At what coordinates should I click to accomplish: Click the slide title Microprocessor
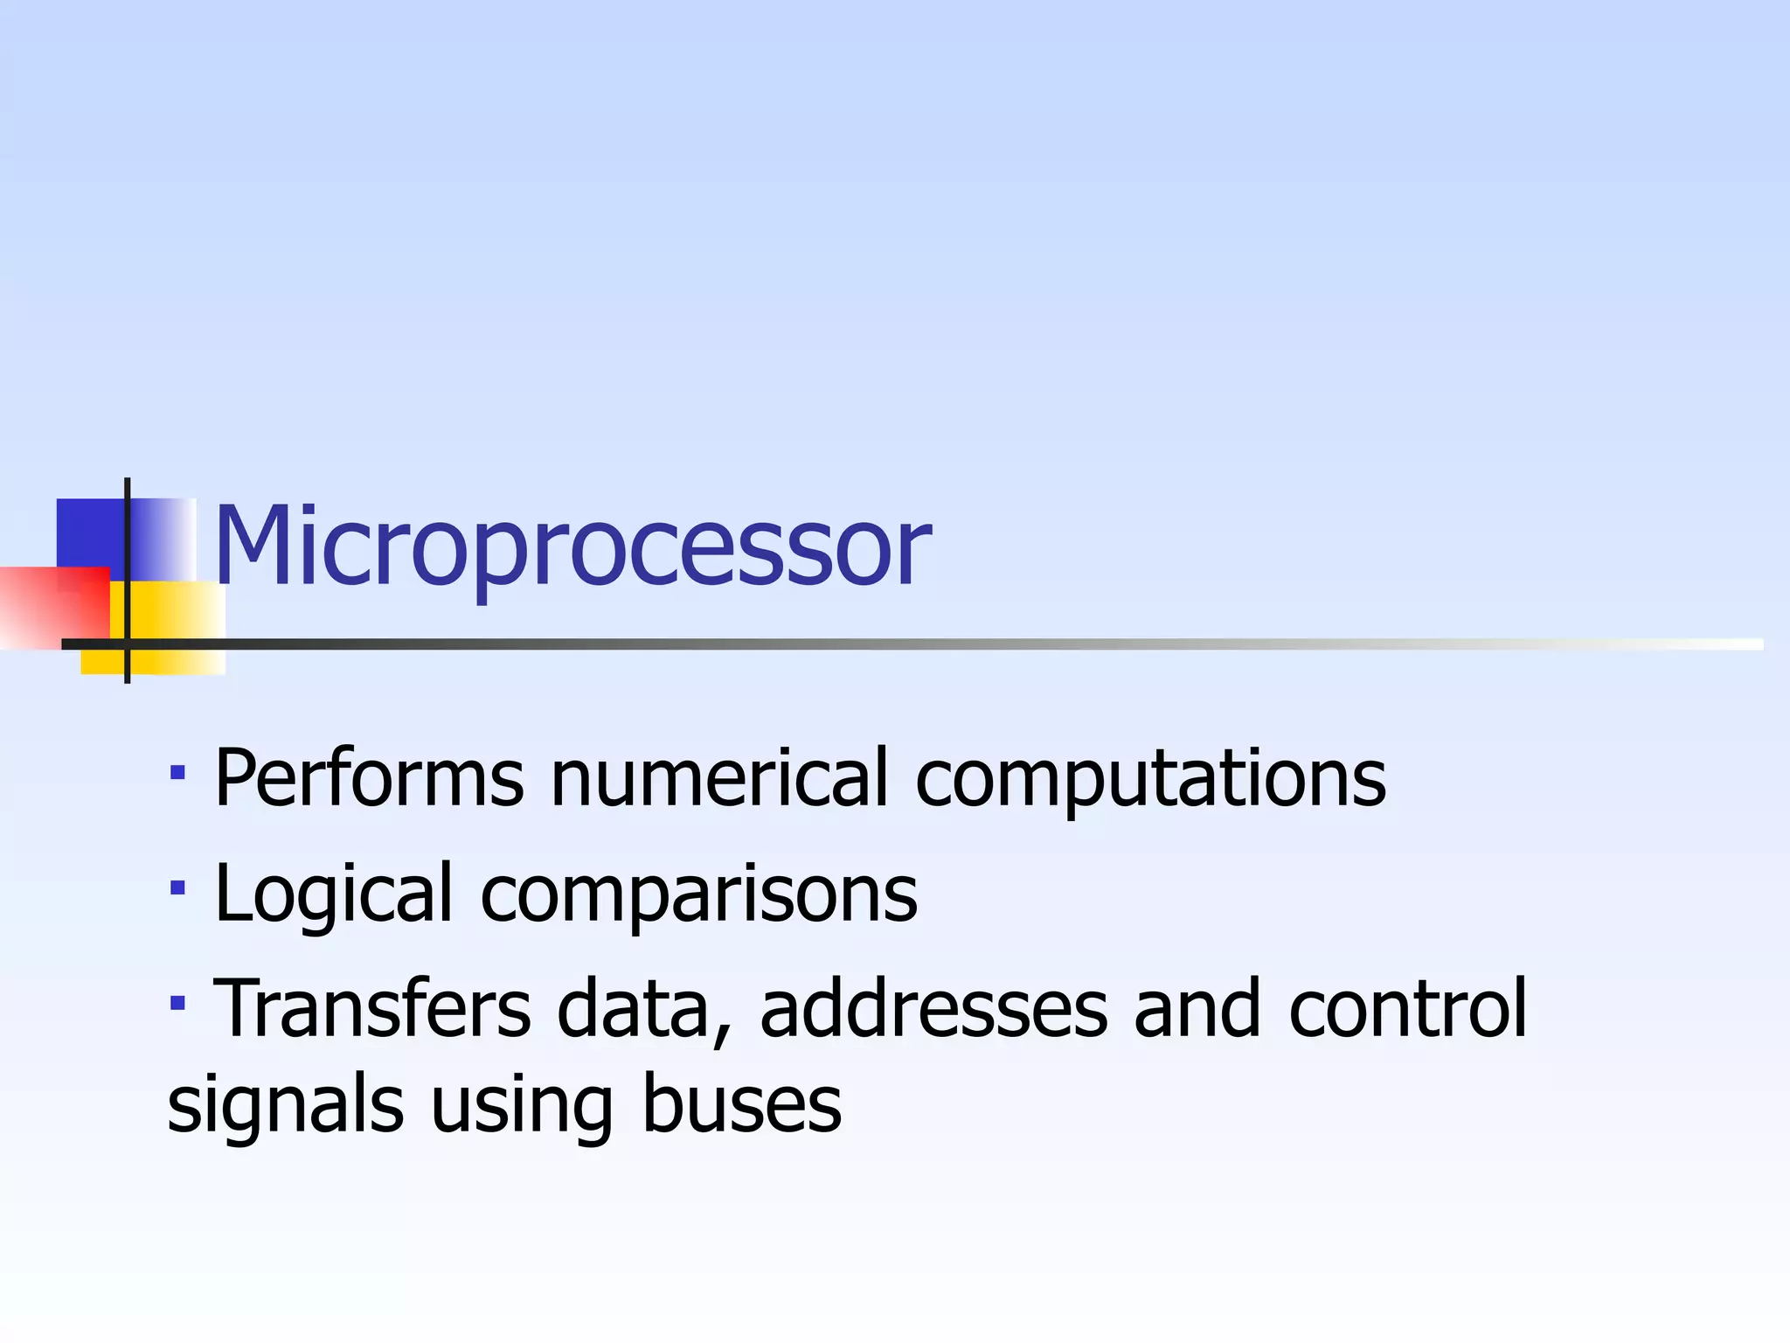pyautogui.click(x=572, y=546)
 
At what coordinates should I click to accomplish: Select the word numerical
pyautogui.click(x=719, y=778)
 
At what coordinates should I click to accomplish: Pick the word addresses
pyautogui.click(x=933, y=1009)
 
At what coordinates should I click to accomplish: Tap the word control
pyautogui.click(x=1407, y=1009)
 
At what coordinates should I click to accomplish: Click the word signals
pyautogui.click(x=285, y=1107)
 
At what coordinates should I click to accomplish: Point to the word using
pyautogui.click(x=522, y=1107)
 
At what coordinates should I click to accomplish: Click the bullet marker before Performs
pyautogui.click(x=177, y=773)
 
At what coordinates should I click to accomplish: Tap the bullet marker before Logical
pyautogui.click(x=177, y=888)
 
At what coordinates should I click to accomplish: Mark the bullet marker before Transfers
pyautogui.click(x=177, y=1003)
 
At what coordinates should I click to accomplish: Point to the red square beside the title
pyautogui.click(x=52, y=608)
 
